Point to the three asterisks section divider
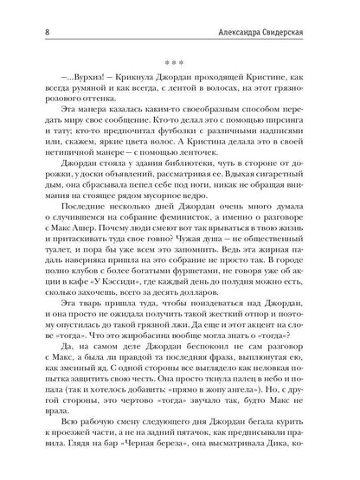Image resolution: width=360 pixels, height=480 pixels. [x=179, y=40]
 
